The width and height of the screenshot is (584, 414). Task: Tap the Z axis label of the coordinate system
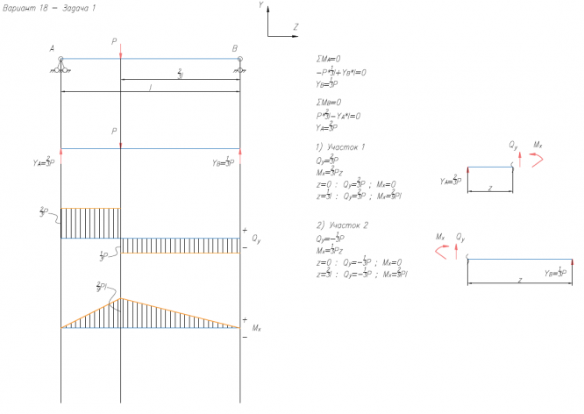tap(296, 27)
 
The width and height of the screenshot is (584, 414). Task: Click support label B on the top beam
tap(234, 48)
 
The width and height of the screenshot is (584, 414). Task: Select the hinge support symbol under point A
tap(61, 65)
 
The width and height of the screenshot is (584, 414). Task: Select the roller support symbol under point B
tap(239, 65)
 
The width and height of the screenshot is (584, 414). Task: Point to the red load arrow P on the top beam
tap(120, 53)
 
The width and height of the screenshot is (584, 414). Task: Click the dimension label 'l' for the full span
tap(150, 88)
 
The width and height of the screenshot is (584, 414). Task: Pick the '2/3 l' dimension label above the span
tap(179, 74)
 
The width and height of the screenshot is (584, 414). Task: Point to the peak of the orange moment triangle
tap(120, 299)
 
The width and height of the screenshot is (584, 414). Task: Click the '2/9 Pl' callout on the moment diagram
tap(104, 287)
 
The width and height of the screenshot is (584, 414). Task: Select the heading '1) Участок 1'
tap(339, 146)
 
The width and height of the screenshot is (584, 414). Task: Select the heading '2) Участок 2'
tap(340, 224)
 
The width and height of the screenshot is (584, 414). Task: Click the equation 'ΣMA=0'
tap(327, 59)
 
